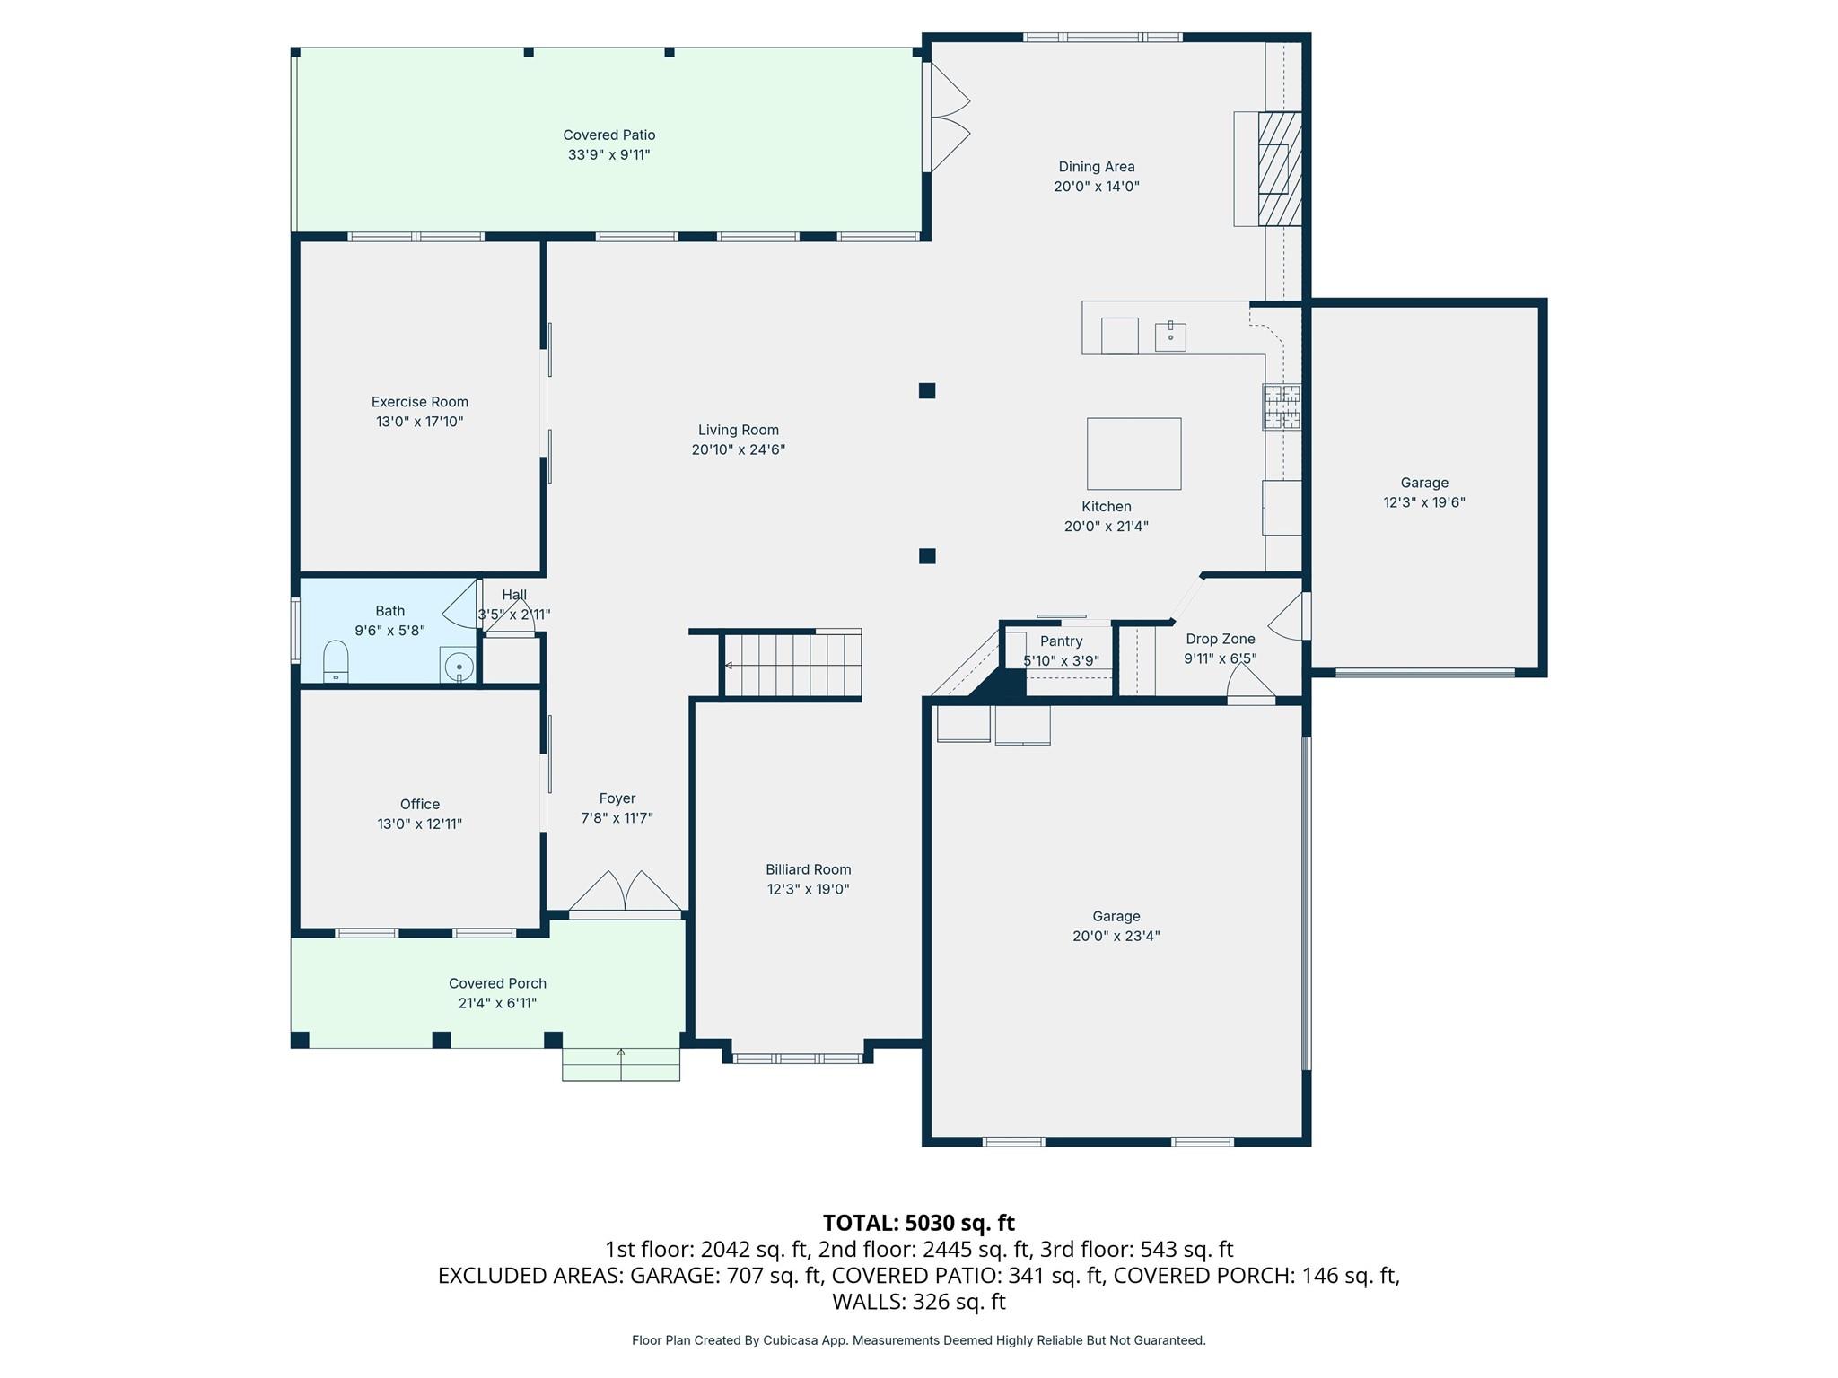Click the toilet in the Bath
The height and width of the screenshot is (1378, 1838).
[x=336, y=663]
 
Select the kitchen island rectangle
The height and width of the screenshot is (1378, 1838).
[x=1133, y=454]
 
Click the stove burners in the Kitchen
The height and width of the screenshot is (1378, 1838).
[x=1282, y=406]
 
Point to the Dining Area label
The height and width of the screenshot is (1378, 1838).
[x=1096, y=167]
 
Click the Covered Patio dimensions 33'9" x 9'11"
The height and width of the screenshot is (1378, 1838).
[x=608, y=155]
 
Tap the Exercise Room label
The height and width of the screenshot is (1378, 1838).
[x=419, y=402]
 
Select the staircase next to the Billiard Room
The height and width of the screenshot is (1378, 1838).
[x=792, y=666]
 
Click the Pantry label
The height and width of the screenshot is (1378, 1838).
[x=1061, y=641]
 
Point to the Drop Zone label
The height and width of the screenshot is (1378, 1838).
[x=1220, y=639]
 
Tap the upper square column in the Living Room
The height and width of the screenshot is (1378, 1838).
[x=927, y=390]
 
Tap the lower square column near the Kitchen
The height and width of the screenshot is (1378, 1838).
[x=927, y=556]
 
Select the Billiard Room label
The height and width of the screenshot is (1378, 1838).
[x=808, y=869]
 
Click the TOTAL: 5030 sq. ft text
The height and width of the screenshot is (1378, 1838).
[x=918, y=1223]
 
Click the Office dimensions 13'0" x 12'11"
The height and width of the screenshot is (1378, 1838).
[x=419, y=824]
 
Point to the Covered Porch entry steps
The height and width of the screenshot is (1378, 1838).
[x=620, y=1065]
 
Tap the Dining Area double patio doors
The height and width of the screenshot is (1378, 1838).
[x=949, y=117]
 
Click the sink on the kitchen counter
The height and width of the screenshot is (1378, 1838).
[x=1170, y=336]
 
